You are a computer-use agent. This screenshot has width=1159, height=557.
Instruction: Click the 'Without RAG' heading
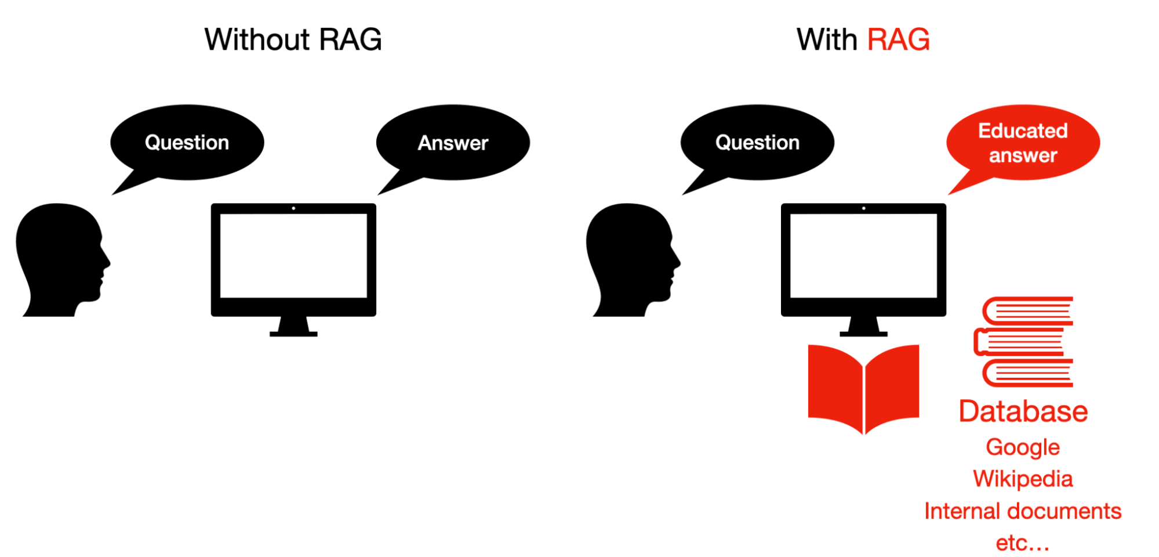[293, 39]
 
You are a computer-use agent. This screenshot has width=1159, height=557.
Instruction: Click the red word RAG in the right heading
[898, 39]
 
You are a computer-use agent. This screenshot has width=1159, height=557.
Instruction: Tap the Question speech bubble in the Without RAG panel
[187, 142]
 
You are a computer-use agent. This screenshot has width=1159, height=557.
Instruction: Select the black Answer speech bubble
[453, 142]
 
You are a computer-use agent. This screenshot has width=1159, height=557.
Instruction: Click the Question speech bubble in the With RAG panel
[757, 142]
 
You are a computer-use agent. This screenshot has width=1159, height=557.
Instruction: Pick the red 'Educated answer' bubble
[1023, 142]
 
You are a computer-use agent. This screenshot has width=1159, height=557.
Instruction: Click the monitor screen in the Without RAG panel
[293, 255]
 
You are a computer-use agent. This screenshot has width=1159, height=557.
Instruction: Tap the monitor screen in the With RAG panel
[863, 255]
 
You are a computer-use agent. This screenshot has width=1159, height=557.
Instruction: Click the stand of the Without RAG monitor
[293, 327]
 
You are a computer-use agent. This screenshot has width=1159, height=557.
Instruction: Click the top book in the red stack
[1027, 311]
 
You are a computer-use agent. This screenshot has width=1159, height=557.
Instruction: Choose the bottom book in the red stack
[1027, 373]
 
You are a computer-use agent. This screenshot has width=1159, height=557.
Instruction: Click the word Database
[1023, 411]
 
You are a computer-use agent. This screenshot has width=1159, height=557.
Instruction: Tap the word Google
[1023, 447]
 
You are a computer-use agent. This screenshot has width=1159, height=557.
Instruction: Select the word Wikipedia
[1023, 479]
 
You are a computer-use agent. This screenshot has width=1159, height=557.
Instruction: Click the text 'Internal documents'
[1023, 511]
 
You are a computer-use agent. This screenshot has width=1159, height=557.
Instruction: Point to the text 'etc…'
[1023, 543]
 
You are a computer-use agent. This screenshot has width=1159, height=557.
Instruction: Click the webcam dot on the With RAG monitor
[863, 208]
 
